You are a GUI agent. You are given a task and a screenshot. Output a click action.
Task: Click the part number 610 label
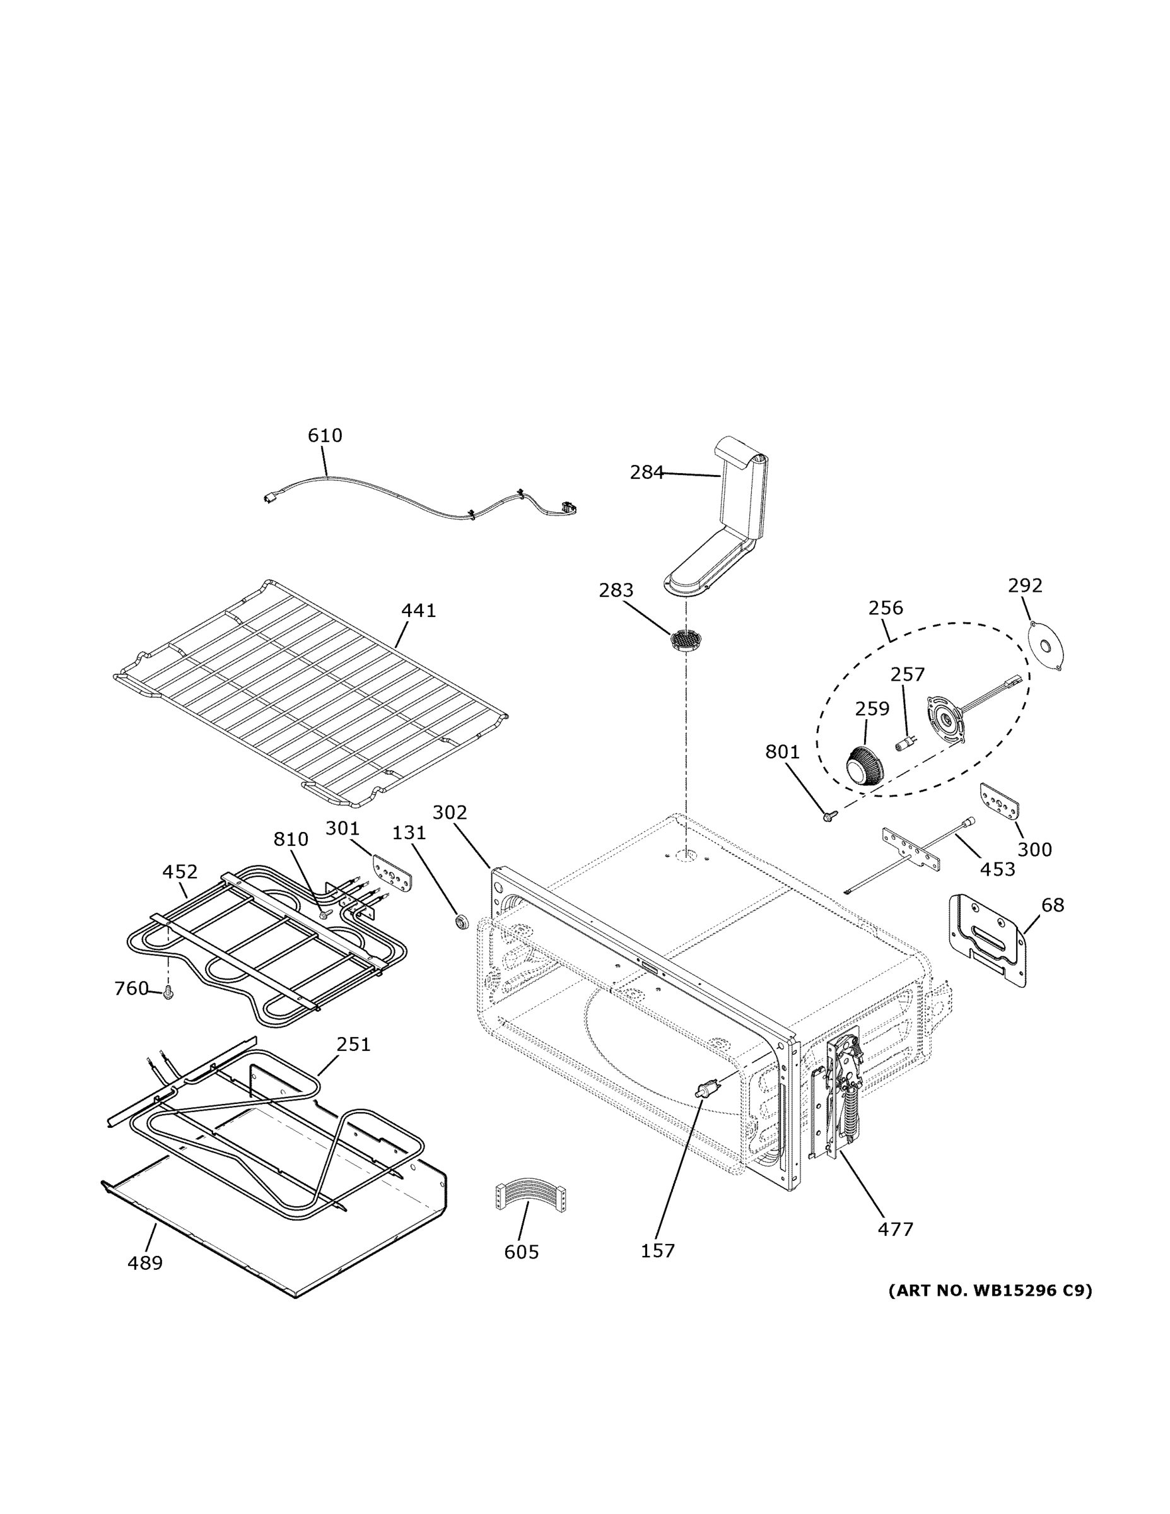tap(324, 435)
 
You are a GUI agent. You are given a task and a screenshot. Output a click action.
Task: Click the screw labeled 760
tap(168, 994)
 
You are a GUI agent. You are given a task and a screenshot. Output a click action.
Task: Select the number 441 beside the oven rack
tap(419, 611)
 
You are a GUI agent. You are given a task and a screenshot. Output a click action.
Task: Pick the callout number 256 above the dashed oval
tap(885, 608)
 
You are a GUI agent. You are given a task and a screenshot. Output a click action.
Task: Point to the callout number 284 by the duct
tap(646, 472)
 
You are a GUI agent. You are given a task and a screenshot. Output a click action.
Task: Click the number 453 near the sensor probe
tap(997, 869)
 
